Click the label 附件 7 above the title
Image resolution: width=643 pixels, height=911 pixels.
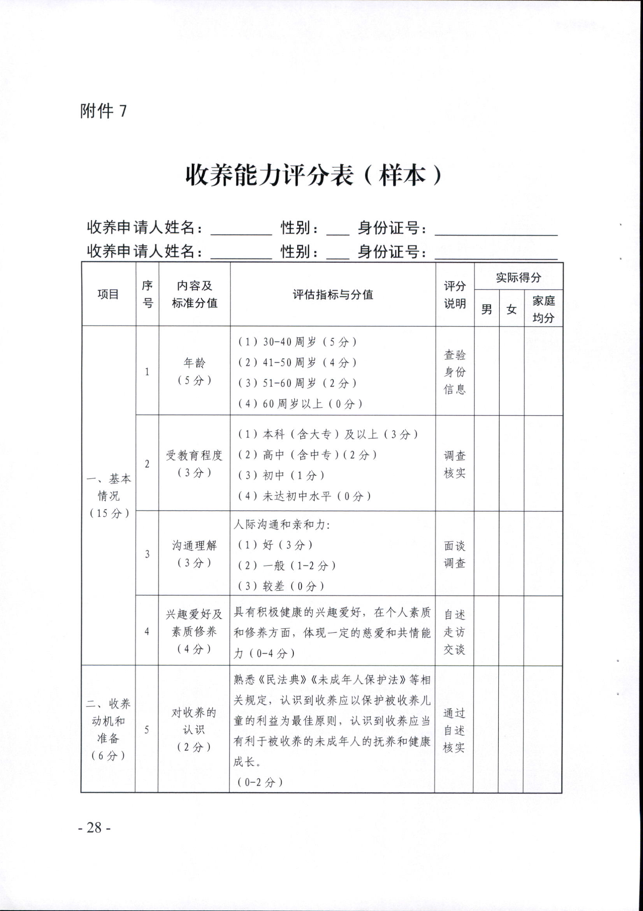pyautogui.click(x=104, y=111)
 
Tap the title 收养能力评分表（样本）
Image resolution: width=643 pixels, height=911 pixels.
pyautogui.click(x=313, y=175)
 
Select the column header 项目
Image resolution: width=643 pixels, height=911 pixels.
pyautogui.click(x=108, y=294)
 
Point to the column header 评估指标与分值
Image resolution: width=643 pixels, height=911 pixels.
pyautogui.click(x=333, y=294)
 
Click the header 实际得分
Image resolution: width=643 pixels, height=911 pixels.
pyautogui.click(x=518, y=277)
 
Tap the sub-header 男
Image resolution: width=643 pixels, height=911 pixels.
pyautogui.click(x=486, y=309)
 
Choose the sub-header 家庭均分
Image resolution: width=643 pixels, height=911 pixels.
pyautogui.click(x=543, y=309)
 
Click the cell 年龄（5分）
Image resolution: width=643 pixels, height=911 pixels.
pyautogui.click(x=194, y=371)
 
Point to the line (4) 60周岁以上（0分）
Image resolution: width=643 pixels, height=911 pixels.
pyautogui.click(x=300, y=404)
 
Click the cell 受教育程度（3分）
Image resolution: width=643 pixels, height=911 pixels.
pyautogui.click(x=194, y=463)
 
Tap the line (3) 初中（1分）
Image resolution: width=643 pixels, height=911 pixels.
pyautogui.click(x=281, y=475)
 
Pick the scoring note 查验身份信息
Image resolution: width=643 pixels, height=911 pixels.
pyautogui.click(x=455, y=372)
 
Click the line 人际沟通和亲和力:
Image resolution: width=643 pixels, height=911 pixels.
pyautogui.click(x=282, y=524)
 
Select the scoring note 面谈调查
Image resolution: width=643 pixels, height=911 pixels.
pyautogui.click(x=455, y=554)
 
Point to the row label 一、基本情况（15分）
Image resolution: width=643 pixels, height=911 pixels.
pyautogui.click(x=108, y=496)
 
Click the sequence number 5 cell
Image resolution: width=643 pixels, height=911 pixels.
pyautogui.click(x=147, y=730)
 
